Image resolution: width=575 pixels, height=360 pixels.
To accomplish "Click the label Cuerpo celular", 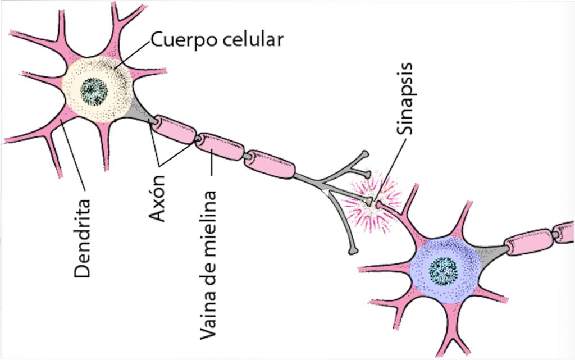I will point(217,40).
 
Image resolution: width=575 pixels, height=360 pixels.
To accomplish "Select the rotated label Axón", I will point(158,197).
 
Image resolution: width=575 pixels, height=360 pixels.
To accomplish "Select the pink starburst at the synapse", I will point(372,200).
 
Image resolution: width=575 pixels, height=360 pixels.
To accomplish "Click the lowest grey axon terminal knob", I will point(352,251).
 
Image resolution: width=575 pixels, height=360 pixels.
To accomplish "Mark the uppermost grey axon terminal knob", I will point(366,153).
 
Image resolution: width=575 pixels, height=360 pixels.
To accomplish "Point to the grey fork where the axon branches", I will point(325,183).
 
